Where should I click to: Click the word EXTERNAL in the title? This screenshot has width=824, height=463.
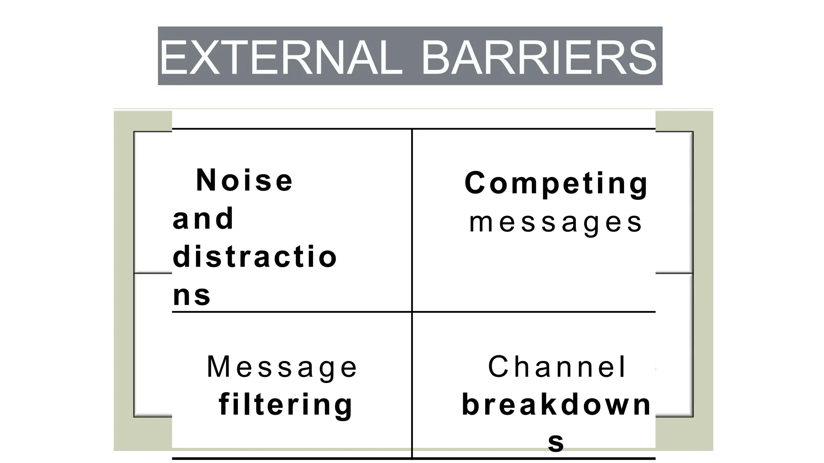[281, 57]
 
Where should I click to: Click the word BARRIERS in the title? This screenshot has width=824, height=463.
[539, 57]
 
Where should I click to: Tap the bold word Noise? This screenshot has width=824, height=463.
[245, 180]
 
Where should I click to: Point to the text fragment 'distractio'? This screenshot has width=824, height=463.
[255, 257]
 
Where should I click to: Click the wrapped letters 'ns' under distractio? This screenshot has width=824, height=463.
[192, 295]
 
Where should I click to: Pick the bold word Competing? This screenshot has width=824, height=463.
[556, 183]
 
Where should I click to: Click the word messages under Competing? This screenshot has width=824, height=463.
[556, 222]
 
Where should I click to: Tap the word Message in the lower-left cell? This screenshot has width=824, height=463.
[282, 367]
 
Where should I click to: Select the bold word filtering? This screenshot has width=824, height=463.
[286, 404]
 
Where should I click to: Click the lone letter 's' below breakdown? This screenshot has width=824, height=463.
[556, 442]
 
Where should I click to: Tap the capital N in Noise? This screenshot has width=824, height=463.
[206, 180]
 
